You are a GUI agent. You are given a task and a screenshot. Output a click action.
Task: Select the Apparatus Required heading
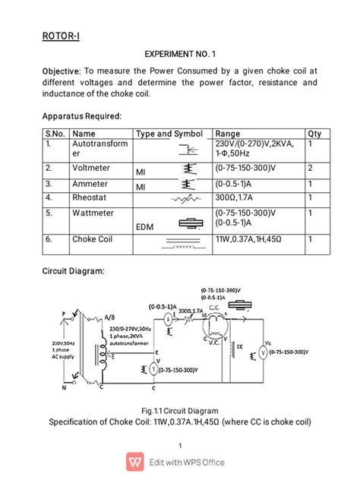coord(81,116)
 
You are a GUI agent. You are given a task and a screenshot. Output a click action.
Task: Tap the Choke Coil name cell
coord(93,238)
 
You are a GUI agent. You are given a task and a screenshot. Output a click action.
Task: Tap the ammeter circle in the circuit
coord(168,321)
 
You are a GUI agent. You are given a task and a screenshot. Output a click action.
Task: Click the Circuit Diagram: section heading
coord(77,271)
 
